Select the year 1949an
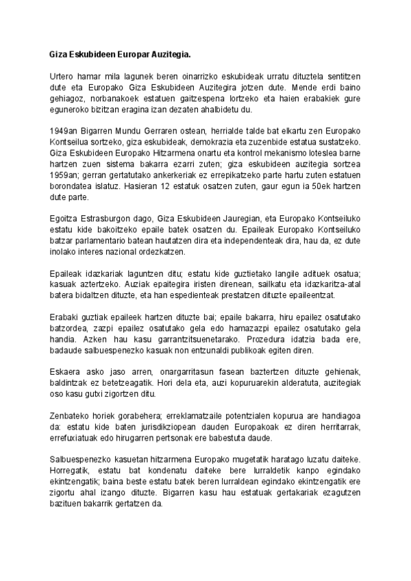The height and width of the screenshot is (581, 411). click(x=66, y=131)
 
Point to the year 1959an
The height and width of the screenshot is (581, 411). click(x=66, y=175)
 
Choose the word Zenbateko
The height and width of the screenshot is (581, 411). click(x=72, y=417)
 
